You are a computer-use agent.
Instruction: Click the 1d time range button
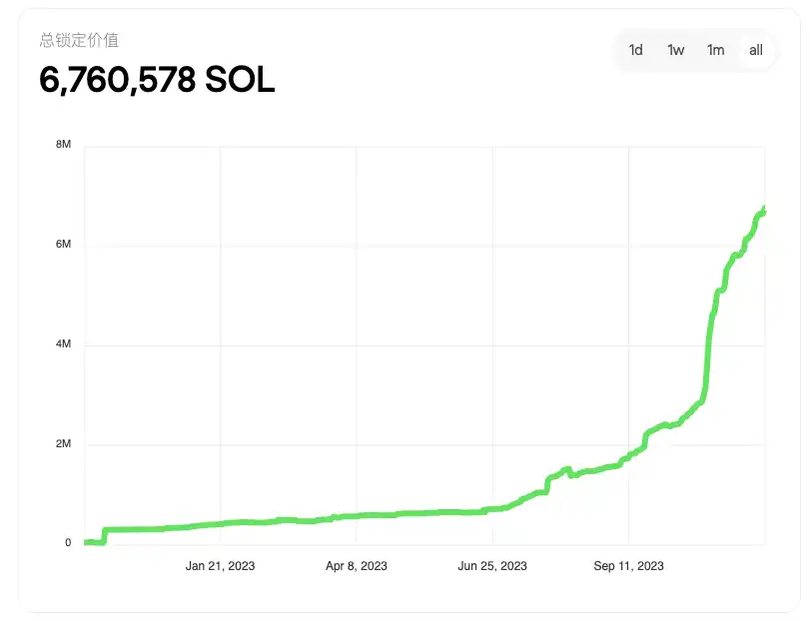[636, 50]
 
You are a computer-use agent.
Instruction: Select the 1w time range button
[676, 50]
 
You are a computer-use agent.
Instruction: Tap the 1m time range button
[716, 50]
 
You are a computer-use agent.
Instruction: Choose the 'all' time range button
[756, 50]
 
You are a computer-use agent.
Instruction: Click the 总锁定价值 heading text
[79, 40]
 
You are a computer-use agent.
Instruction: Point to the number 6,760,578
[117, 80]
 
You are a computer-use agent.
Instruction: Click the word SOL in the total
[240, 80]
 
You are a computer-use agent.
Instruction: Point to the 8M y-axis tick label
[63, 145]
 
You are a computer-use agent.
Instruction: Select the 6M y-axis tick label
[63, 245]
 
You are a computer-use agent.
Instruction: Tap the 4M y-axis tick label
[63, 344]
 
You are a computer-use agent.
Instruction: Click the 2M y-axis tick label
[63, 444]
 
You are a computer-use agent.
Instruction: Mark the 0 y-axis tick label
[68, 543]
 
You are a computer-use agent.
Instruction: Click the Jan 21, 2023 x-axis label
[220, 566]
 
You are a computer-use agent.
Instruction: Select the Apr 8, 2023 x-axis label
[357, 566]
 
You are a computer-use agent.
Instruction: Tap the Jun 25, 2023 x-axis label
[492, 566]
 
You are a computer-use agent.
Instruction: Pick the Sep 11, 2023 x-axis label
[629, 566]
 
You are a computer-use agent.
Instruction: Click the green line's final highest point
[764, 209]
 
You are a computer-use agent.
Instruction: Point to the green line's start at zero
[87, 542]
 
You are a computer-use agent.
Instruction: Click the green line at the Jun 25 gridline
[492, 509]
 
